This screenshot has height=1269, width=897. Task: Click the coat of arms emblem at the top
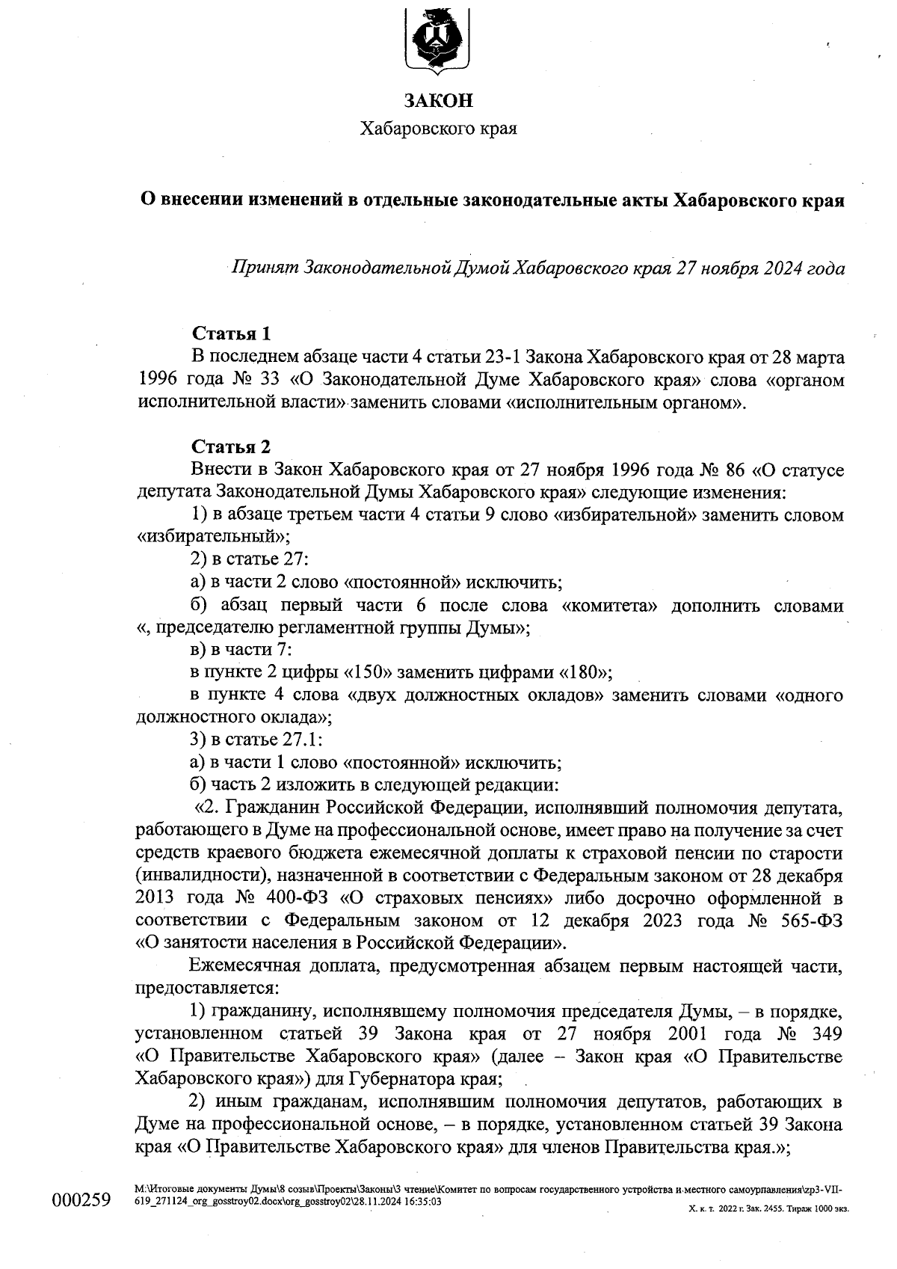(438, 38)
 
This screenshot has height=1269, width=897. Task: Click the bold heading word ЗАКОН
(439, 100)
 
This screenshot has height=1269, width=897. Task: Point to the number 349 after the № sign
(825, 1034)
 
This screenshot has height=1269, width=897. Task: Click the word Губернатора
(401, 1080)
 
